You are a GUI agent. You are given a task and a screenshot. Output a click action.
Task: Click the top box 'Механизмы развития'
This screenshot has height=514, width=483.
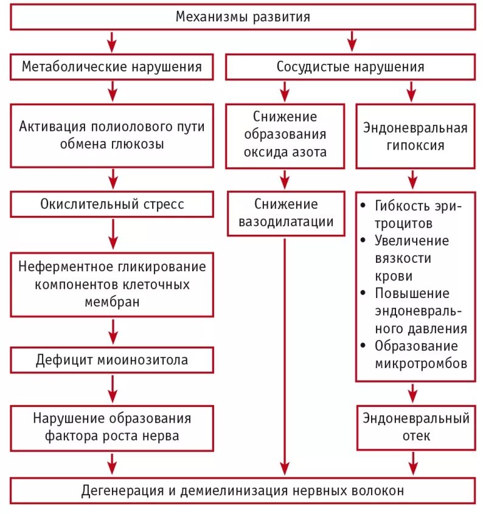[242, 17]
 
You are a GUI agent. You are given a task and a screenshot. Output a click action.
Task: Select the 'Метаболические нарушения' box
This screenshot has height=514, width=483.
[112, 66]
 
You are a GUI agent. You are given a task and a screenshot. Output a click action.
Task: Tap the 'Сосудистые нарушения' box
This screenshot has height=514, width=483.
[350, 66]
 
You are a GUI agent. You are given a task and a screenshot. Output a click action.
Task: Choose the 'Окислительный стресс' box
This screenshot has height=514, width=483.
[112, 204]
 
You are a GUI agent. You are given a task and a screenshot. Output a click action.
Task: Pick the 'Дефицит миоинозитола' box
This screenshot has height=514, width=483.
[112, 359]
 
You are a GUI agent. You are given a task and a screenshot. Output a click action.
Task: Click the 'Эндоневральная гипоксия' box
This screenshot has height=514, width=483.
[415, 136]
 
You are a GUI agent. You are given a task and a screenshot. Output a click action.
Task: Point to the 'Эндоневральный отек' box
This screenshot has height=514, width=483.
[415, 427]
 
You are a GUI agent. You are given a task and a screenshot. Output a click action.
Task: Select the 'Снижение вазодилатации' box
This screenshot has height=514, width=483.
[285, 213]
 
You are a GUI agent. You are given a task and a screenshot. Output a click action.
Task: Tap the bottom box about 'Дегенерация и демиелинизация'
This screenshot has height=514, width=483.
[242, 490]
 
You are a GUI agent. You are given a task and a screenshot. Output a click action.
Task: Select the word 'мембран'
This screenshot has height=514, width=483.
[112, 301]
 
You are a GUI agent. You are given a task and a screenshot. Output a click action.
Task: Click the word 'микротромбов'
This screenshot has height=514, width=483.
[421, 364]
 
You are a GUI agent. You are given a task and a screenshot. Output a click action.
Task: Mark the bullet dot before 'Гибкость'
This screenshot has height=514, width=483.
[364, 206]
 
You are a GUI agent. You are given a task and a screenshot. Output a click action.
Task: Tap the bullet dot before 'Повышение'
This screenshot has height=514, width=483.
[364, 293]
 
